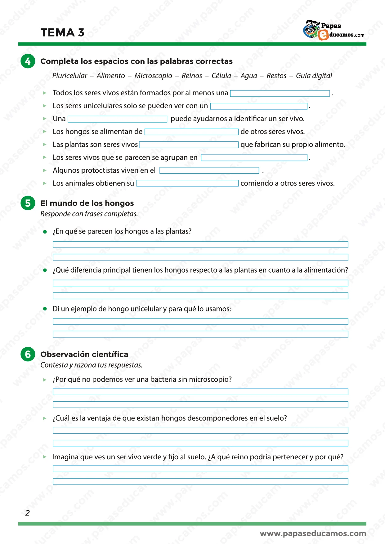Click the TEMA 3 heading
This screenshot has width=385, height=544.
pyautogui.click(x=62, y=33)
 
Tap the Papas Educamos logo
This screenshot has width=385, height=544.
pyautogui.click(x=334, y=30)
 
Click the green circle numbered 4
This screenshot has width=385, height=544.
pyautogui.click(x=28, y=61)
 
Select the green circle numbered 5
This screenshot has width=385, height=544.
pyautogui.click(x=28, y=203)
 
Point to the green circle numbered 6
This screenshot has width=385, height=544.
pyautogui.click(x=28, y=354)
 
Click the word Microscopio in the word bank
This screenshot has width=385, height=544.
pyautogui.click(x=153, y=76)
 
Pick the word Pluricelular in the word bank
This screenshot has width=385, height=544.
pyautogui.click(x=70, y=76)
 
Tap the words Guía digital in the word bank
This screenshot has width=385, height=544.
pyautogui.click(x=314, y=76)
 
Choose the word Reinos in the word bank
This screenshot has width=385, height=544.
pyautogui.click(x=192, y=76)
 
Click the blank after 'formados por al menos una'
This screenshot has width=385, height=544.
pyautogui.click(x=280, y=93)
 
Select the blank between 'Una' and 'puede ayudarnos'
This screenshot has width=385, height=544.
pyautogui.click(x=118, y=119)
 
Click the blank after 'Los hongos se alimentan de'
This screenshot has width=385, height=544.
pyautogui.click(x=191, y=132)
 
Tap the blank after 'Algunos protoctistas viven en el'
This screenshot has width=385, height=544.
pyautogui.click(x=209, y=170)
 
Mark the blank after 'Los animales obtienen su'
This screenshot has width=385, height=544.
pyautogui.click(x=187, y=183)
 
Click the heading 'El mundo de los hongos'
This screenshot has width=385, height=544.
pyautogui.click(x=87, y=203)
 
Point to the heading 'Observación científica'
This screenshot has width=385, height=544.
pyautogui.click(x=84, y=354)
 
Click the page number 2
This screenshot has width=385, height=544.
pyautogui.click(x=27, y=513)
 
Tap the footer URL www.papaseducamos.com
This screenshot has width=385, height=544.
pyautogui.click(x=313, y=533)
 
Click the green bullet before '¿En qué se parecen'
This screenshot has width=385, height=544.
pyautogui.click(x=45, y=232)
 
